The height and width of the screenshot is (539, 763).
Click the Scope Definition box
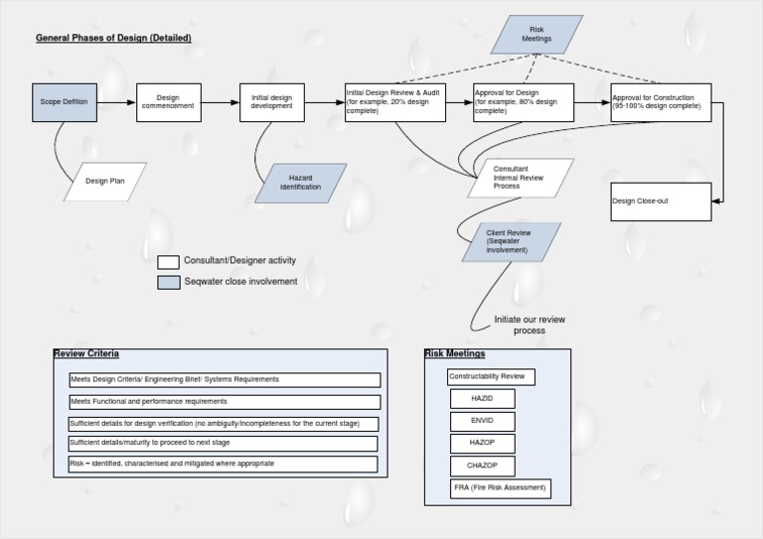(x=65, y=102)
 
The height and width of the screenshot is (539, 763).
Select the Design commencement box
(x=168, y=102)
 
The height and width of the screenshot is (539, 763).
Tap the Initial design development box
(x=271, y=102)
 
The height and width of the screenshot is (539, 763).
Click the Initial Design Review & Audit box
(x=394, y=102)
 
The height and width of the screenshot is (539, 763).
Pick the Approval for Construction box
(x=661, y=102)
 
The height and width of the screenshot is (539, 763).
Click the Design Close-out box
(x=661, y=202)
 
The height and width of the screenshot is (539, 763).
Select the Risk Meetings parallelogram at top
(x=536, y=34)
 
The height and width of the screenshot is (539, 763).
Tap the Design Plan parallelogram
(x=103, y=182)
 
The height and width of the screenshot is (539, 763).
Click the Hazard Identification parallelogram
(x=300, y=183)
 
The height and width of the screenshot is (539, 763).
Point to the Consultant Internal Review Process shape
(x=521, y=178)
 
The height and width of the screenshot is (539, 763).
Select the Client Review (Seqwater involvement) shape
(x=511, y=242)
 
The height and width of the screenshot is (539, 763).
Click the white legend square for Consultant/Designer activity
(x=168, y=262)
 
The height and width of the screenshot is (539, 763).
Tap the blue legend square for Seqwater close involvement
(x=168, y=283)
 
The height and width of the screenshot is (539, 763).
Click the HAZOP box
(x=482, y=443)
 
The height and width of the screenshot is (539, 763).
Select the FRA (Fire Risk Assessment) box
(x=500, y=488)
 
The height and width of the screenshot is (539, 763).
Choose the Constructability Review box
(x=491, y=377)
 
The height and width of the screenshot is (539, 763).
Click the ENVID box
(x=482, y=421)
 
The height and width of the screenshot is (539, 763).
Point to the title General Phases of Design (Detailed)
(x=113, y=39)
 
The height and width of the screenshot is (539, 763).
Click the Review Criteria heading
(x=86, y=353)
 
